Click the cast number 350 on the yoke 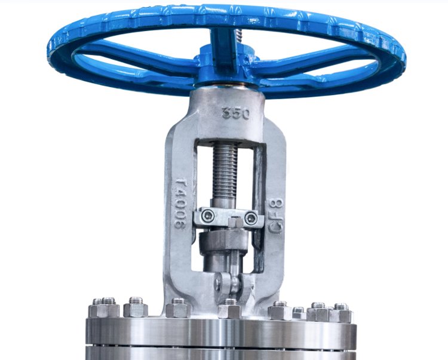pyautogui.click(x=236, y=113)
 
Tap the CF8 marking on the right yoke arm pyautogui.click(x=275, y=216)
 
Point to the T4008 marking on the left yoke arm pyautogui.click(x=181, y=204)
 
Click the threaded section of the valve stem pyautogui.click(x=225, y=171)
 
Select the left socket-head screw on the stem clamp pyautogui.click(x=207, y=216)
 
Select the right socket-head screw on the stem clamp pyautogui.click(x=251, y=219)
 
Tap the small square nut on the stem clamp pyautogui.click(x=235, y=222)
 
